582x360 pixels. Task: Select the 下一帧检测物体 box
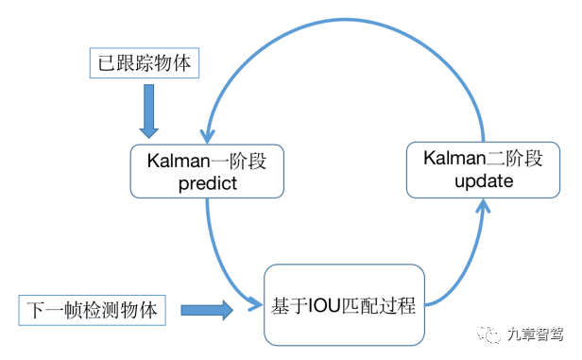tap(94, 309)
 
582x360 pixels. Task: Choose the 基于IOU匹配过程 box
tap(342, 307)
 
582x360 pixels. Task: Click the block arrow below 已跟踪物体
tap(149, 111)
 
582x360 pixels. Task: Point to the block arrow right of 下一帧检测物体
tap(206, 309)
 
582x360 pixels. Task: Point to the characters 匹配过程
tap(375, 307)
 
